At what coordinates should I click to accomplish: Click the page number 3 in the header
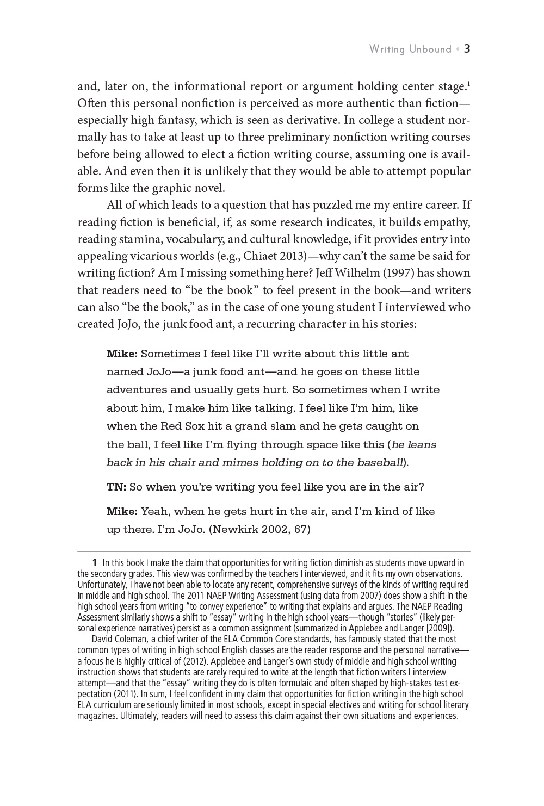[x=467, y=49]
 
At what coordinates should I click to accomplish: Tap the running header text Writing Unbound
[x=410, y=49]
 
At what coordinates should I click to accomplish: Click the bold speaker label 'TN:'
[x=116, y=487]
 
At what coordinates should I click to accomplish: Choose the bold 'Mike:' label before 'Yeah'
[x=122, y=512]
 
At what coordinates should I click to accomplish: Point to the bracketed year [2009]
[x=441, y=628]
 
